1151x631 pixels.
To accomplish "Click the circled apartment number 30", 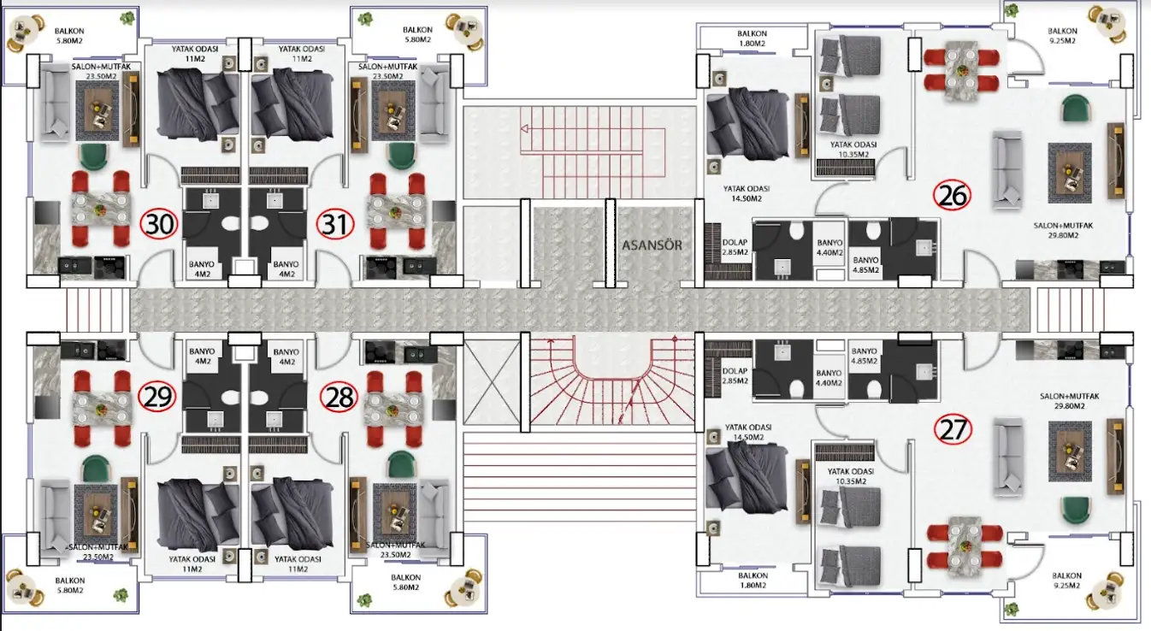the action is pyautogui.click(x=159, y=224).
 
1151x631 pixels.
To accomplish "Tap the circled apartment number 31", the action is pyautogui.click(x=335, y=225).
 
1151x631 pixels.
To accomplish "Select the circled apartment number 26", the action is pyautogui.click(x=952, y=195).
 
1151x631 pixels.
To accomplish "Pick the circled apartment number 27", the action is pyautogui.click(x=953, y=429).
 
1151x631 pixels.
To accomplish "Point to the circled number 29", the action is pyautogui.click(x=157, y=396).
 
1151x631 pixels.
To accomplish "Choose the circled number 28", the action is pyautogui.click(x=339, y=398).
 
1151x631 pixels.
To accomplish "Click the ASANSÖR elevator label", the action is pyautogui.click(x=652, y=245).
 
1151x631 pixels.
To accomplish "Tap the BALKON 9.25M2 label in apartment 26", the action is pyautogui.click(x=1062, y=36).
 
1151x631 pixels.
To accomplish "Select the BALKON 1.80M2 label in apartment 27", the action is pyautogui.click(x=753, y=581).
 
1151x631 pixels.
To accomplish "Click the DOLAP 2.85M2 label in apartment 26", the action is pyautogui.click(x=735, y=247).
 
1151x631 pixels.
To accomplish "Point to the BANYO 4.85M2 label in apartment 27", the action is pyautogui.click(x=864, y=356).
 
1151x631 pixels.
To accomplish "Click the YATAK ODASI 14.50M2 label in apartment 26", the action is pyautogui.click(x=746, y=194).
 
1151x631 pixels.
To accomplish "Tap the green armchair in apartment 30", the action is pyautogui.click(x=94, y=156).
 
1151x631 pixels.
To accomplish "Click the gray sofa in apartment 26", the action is pyautogui.click(x=1006, y=169).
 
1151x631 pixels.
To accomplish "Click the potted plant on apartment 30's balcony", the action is pyautogui.click(x=127, y=19).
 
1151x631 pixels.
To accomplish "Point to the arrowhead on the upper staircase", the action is pyautogui.click(x=524, y=128).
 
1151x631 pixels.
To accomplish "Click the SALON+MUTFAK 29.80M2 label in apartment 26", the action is pyautogui.click(x=1063, y=230).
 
